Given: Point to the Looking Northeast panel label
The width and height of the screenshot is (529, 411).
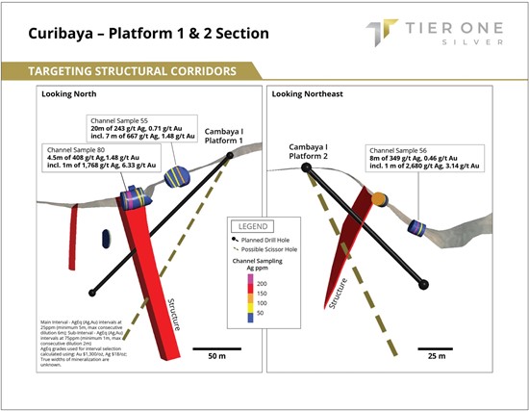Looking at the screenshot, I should [x=311, y=94].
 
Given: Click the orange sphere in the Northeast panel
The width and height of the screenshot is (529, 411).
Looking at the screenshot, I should [x=380, y=198].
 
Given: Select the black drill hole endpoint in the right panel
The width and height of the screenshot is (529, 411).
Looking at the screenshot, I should [x=424, y=284].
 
